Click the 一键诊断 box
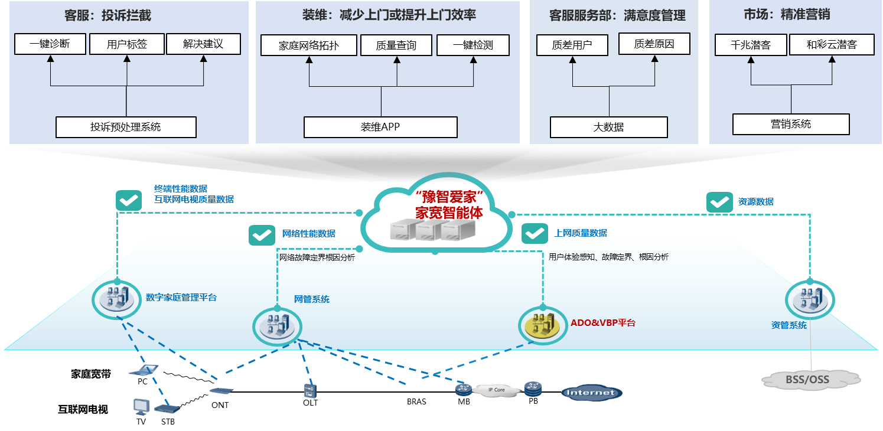tap(50, 44)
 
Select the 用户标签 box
tap(127, 44)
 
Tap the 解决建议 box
tap(203, 44)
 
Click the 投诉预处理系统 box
tap(126, 127)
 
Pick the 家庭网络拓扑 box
tap(309, 45)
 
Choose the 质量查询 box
tap(396, 45)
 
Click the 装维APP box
tap(380, 127)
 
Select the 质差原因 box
tap(654, 44)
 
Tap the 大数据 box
tap(608, 127)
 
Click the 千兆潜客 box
tap(751, 45)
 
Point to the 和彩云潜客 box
tap(832, 45)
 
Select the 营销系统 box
tap(791, 124)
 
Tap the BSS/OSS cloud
tap(807, 379)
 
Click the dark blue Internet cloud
tap(591, 393)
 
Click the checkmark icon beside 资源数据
tap(719, 202)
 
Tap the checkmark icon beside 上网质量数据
tap(535, 234)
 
